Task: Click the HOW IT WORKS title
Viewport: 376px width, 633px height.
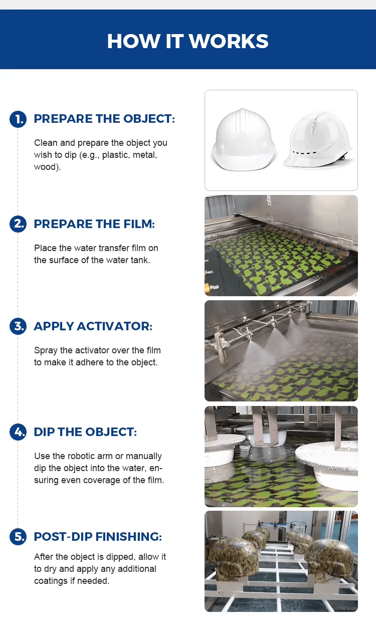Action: click(188, 41)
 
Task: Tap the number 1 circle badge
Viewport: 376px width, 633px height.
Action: click(18, 119)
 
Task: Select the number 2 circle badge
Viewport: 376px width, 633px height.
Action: click(18, 224)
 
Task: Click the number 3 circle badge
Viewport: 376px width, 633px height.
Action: click(18, 326)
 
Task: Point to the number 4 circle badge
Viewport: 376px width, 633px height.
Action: click(18, 432)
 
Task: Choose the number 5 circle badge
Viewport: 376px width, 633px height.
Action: click(18, 537)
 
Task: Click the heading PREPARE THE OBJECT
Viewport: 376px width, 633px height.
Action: click(104, 119)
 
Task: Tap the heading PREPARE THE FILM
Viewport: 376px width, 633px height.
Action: click(94, 224)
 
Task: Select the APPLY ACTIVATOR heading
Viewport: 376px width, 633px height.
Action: click(93, 326)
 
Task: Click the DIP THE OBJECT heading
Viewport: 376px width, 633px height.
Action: click(85, 432)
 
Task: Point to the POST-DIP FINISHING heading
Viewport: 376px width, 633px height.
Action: click(98, 537)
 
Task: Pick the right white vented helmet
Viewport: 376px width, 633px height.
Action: click(318, 140)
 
